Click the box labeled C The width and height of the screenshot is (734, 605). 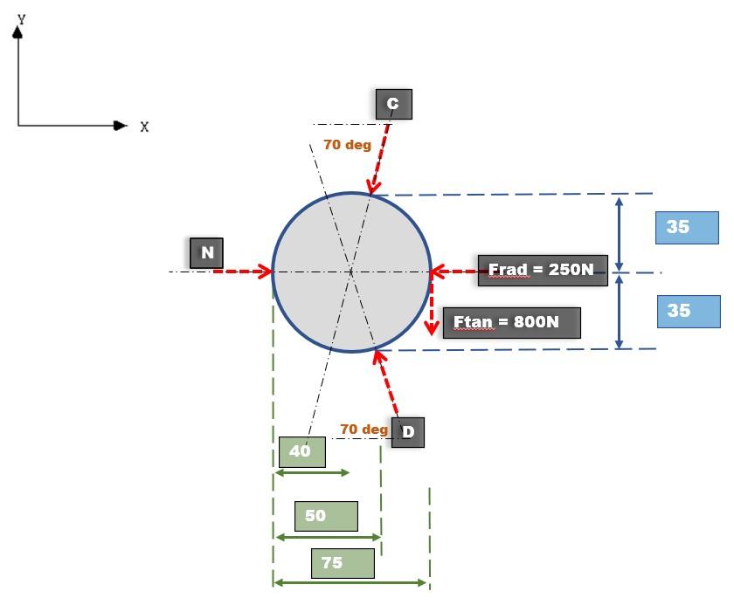click(393, 104)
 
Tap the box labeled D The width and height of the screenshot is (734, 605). click(407, 432)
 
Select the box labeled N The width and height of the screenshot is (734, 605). click(207, 253)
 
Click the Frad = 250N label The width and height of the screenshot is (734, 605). click(542, 270)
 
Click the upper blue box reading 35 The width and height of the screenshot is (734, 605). click(687, 227)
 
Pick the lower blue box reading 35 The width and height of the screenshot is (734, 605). click(689, 311)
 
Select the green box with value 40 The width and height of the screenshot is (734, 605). click(301, 451)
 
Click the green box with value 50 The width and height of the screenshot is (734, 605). click(326, 516)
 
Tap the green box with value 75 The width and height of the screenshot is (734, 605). click(343, 563)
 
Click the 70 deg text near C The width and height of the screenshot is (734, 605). click(347, 145)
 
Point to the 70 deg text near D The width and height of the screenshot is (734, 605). click(364, 430)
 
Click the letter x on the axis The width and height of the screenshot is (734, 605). click(144, 127)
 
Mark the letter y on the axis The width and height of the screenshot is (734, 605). click(21, 17)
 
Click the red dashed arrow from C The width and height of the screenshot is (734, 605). click(380, 158)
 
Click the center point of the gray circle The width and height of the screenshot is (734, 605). click(351, 272)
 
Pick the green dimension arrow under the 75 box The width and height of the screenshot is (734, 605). click(350, 582)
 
